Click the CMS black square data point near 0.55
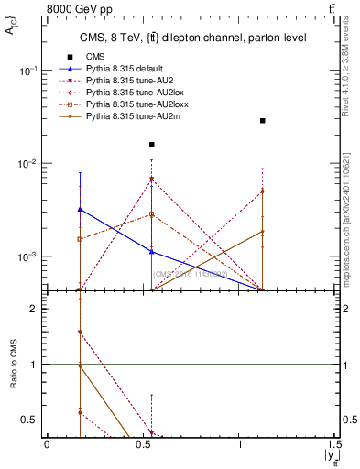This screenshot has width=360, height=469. (x=152, y=145)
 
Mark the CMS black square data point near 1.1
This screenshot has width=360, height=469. (x=263, y=120)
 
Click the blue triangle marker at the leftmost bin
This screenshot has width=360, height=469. (x=81, y=210)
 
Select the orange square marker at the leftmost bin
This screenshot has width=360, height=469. (x=81, y=238)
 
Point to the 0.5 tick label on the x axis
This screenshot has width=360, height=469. (x=144, y=443)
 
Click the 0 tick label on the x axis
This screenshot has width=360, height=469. (x=47, y=443)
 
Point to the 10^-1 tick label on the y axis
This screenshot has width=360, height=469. (x=29, y=71)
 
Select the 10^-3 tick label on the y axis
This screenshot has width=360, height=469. (x=29, y=256)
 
